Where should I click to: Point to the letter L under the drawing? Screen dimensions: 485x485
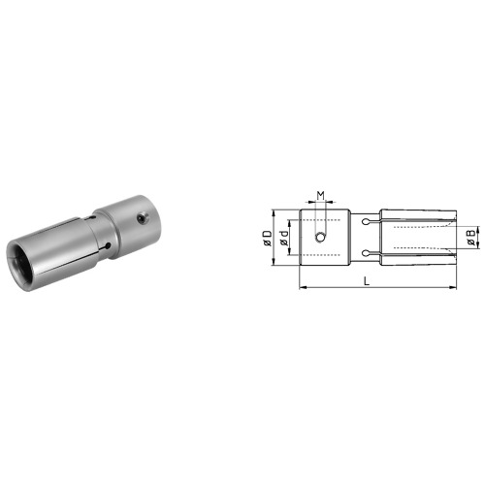366,279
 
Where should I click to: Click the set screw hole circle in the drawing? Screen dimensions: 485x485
321,238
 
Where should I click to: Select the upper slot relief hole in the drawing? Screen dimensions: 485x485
365,222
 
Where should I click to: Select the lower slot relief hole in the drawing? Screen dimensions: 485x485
365,255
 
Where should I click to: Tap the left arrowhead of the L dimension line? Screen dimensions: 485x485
302,287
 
